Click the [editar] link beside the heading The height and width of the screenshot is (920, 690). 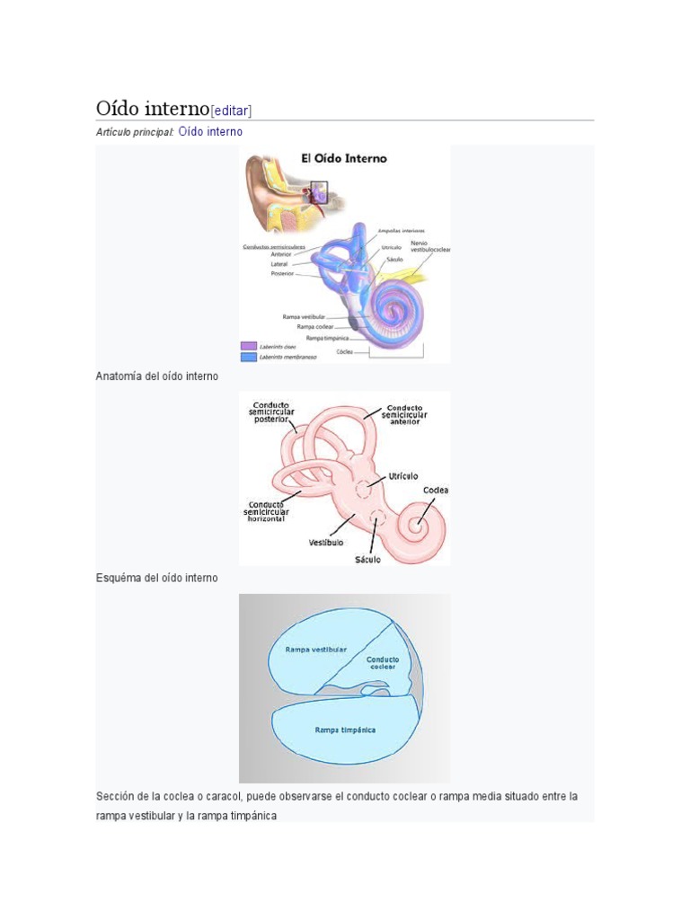coord(231,111)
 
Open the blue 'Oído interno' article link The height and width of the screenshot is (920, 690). coord(210,132)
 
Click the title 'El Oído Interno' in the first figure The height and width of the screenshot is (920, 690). coord(343,159)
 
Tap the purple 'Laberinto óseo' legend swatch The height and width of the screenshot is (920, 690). coord(248,345)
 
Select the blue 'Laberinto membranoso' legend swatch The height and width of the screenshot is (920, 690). coord(248,357)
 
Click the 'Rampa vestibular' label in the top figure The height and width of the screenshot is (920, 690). coord(303,317)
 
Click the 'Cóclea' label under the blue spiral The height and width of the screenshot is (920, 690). coord(345,351)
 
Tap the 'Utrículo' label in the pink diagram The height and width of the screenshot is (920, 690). coord(403,475)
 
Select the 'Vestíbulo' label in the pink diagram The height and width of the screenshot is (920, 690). coord(326,542)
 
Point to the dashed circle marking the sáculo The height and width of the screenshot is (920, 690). coord(377,519)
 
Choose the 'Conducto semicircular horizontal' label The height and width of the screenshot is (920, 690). coord(266,511)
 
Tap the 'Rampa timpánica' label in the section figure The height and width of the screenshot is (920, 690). coord(345,730)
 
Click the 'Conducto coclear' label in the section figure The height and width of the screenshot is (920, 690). coord(383,662)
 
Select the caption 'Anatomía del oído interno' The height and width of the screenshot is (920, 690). coord(157,376)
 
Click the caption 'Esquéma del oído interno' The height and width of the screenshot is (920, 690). coord(157,578)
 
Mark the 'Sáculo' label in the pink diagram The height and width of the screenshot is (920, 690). coord(367,559)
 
